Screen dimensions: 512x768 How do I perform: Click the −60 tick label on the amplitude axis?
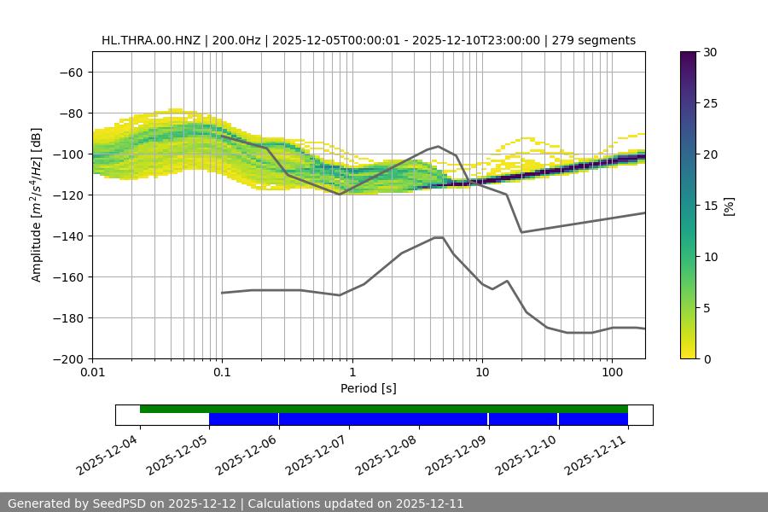[x=70, y=72]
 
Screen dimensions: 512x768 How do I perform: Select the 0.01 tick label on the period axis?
[x=92, y=373]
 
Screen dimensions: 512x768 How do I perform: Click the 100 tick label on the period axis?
[x=612, y=373]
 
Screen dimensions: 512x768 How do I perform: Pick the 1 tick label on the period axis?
[x=352, y=373]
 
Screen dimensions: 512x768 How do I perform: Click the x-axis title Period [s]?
[x=369, y=388]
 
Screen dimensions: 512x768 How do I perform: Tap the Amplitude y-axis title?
[x=37, y=205]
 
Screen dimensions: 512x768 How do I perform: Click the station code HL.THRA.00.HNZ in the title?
[x=152, y=40]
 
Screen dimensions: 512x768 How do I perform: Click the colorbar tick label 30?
[x=709, y=52]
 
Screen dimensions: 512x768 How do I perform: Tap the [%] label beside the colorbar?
[x=729, y=206]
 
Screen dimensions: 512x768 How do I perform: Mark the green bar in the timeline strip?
[x=384, y=409]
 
